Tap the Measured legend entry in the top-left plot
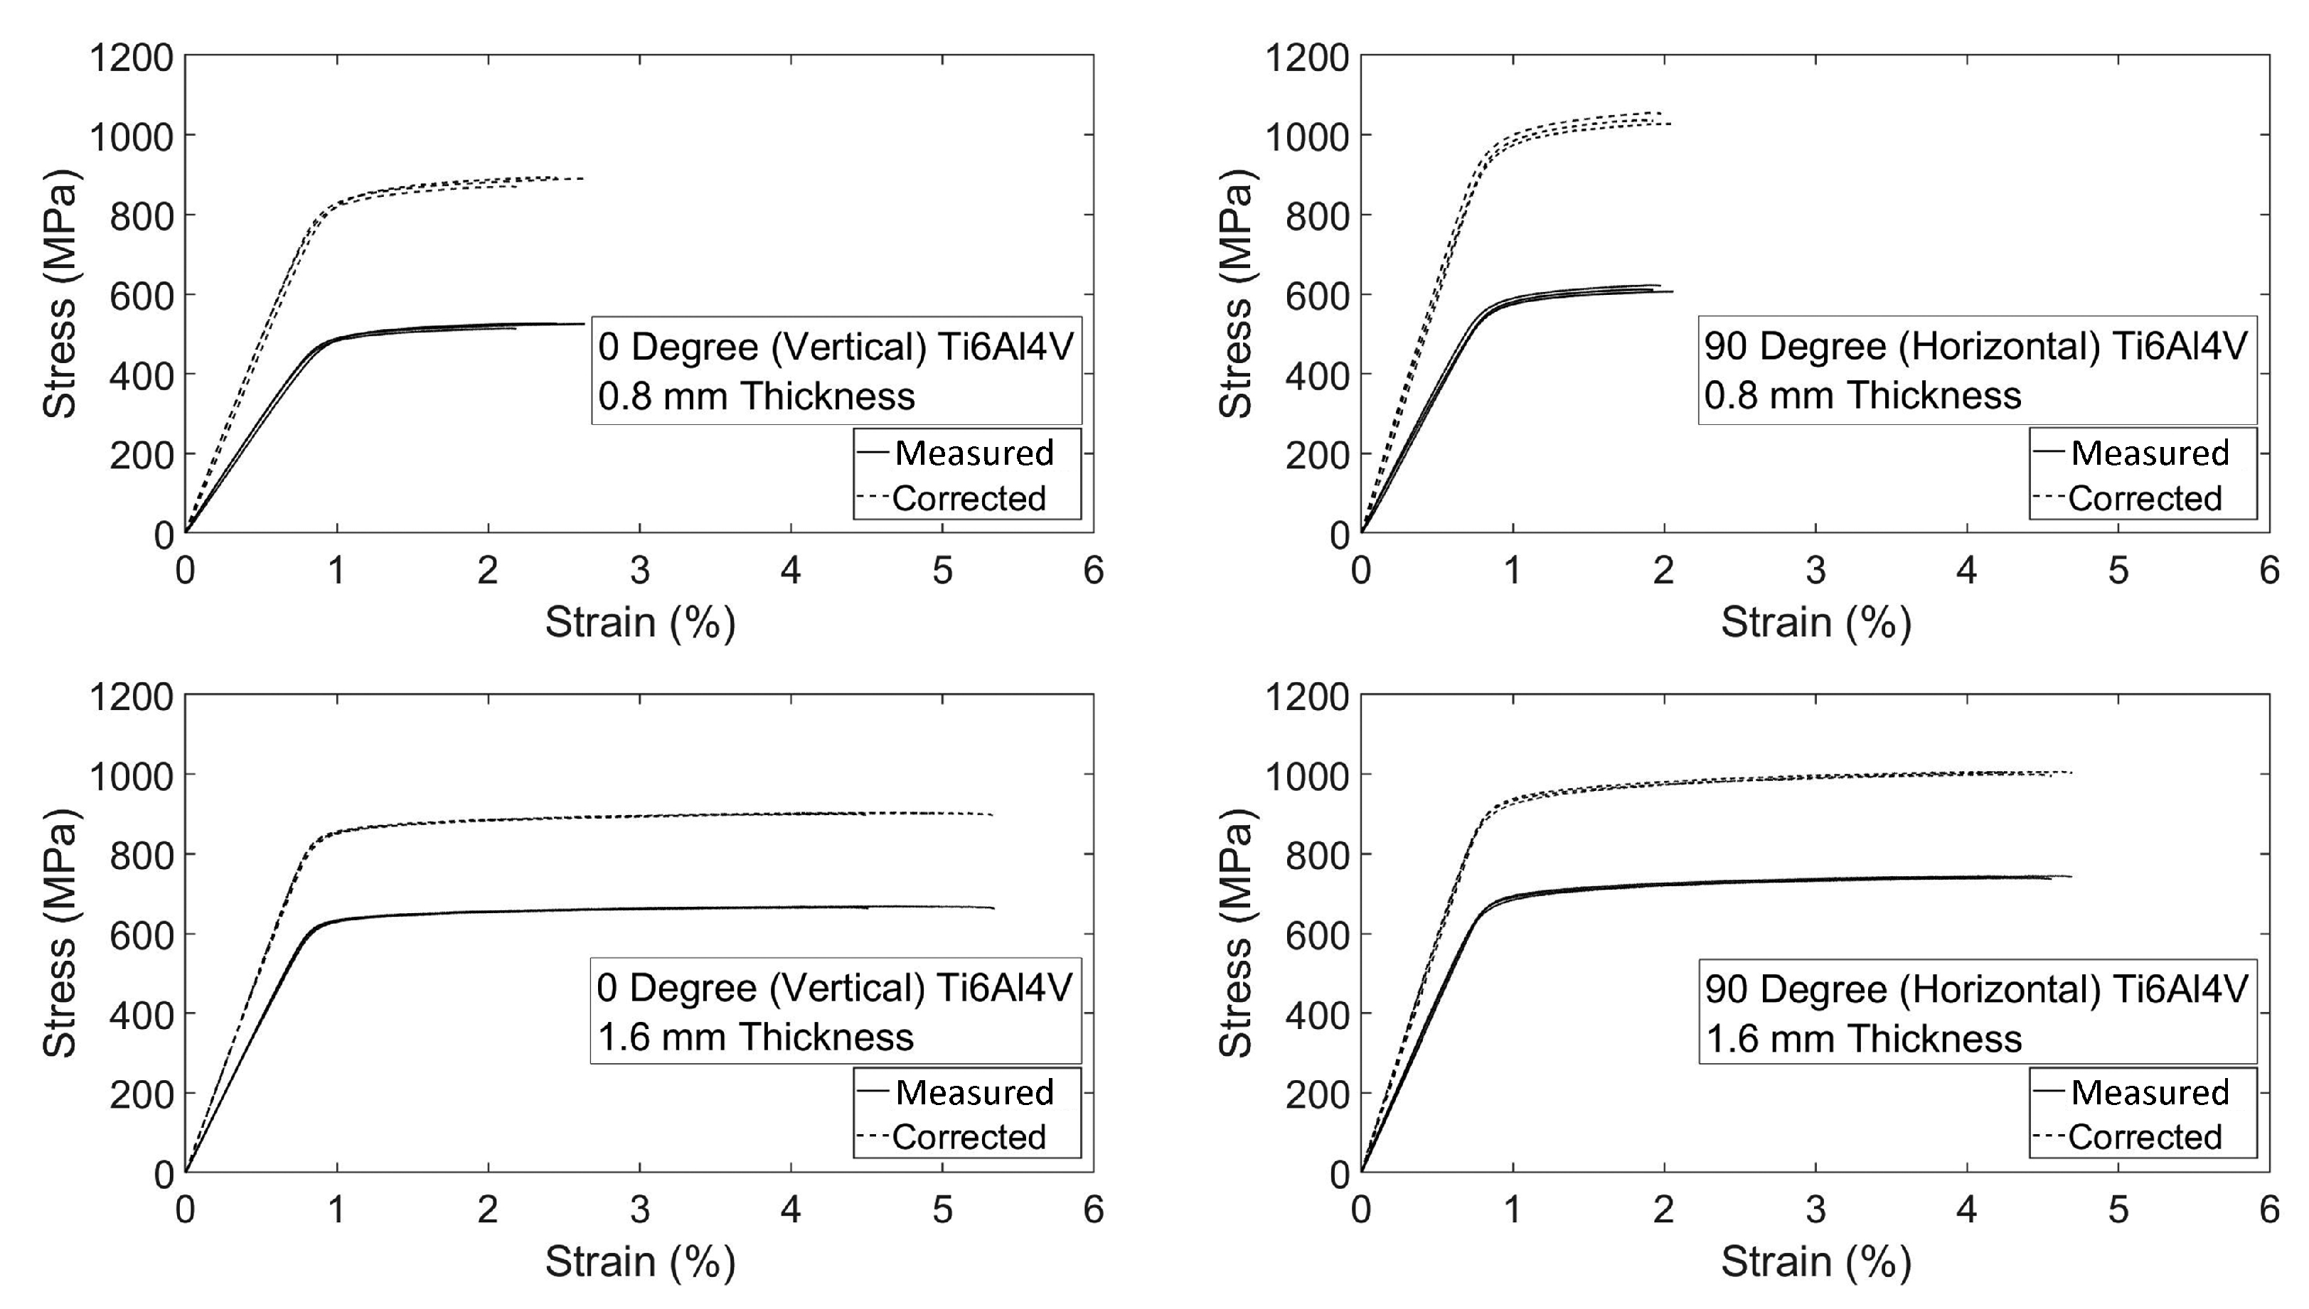tap(974, 452)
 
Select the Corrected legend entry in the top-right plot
tap(2145, 498)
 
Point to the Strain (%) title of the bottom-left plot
tap(639, 1261)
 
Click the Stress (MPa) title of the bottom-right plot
tap(1236, 933)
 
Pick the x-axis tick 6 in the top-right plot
tap(2269, 570)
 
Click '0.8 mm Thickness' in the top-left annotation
tap(756, 397)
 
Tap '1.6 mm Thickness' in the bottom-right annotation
tap(1863, 1038)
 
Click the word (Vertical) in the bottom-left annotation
tap(848, 987)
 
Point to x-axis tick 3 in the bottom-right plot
tap(1816, 1210)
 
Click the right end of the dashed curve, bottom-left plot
tap(992, 814)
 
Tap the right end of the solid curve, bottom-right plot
tap(2071, 876)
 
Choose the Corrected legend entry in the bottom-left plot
tap(968, 1137)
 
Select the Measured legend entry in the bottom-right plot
tap(2149, 1092)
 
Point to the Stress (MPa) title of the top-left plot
tap(60, 294)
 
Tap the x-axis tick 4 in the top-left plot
tap(791, 570)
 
